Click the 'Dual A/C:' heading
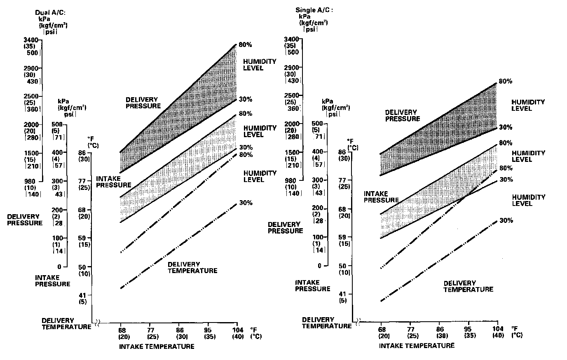[x=50, y=12]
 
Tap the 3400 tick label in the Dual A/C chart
[x=32, y=40]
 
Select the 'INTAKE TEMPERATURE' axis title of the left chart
[x=157, y=346]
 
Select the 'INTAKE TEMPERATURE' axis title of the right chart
[x=417, y=345]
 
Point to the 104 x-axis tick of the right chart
[x=498, y=329]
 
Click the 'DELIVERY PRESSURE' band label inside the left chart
[x=143, y=103]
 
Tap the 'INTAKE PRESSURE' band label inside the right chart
[x=381, y=197]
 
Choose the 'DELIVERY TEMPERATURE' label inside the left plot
[x=192, y=267]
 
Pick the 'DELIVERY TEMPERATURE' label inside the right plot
[x=468, y=286]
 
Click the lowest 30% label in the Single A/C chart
[x=506, y=220]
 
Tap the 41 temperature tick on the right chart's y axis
[x=342, y=294]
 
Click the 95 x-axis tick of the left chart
[x=208, y=330]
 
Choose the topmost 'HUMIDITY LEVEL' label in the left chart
[x=253, y=65]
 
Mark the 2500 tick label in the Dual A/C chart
[x=32, y=96]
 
